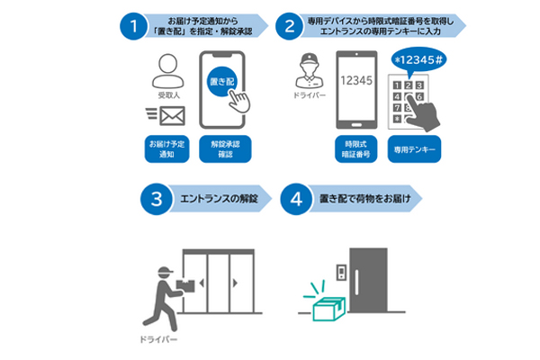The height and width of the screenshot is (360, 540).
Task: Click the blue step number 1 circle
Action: pyautogui.click(x=133, y=24)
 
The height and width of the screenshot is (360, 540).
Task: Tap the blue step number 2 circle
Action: pyautogui.click(x=289, y=24)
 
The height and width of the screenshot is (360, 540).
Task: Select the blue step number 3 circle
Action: pyautogui.click(x=156, y=199)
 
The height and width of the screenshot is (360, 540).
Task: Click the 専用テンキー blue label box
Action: pyautogui.click(x=414, y=148)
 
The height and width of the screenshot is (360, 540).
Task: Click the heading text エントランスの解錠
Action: pyautogui.click(x=216, y=199)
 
